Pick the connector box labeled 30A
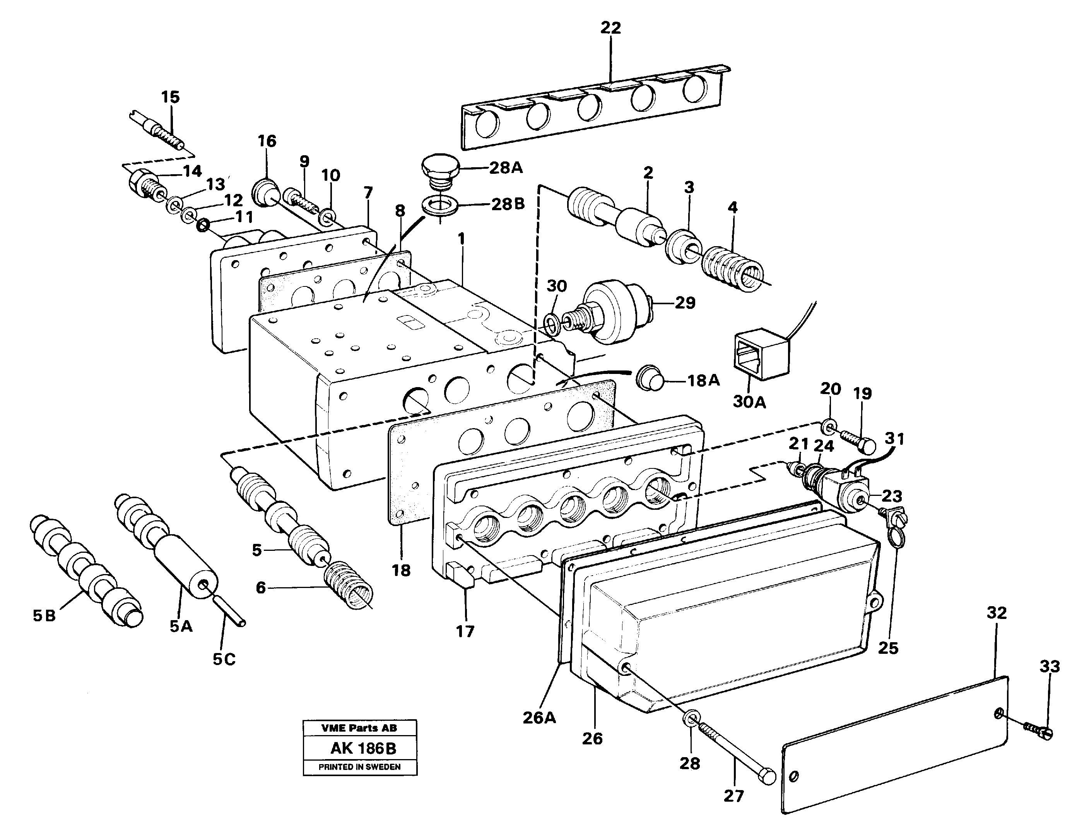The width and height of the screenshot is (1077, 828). (x=761, y=354)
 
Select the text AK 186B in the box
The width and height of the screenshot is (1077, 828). (x=363, y=749)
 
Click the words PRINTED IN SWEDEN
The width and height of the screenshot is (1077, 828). (x=359, y=767)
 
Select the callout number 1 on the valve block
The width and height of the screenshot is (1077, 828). (x=461, y=239)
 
